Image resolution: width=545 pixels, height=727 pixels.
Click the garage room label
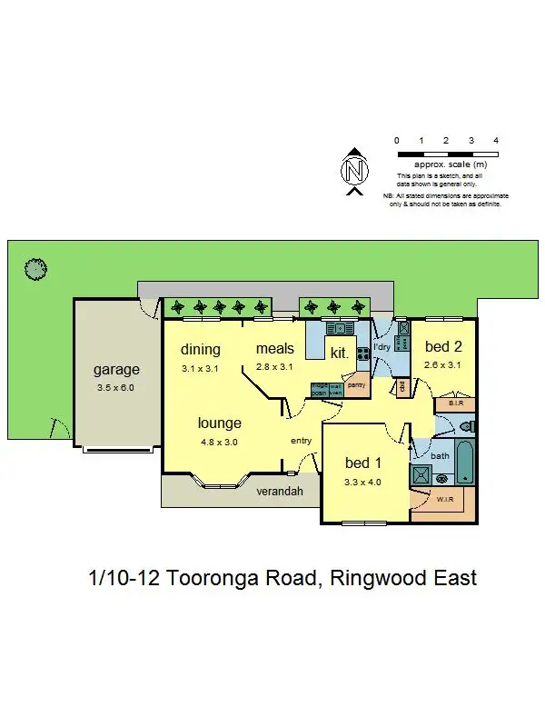pos(116,370)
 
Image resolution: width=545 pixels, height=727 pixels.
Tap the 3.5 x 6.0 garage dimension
pos(116,387)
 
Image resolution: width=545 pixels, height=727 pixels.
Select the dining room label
pos(201,350)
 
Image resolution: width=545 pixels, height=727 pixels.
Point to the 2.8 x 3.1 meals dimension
pos(275,367)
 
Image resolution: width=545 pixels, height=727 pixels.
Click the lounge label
pos(220,423)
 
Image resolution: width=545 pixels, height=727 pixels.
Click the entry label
pos(301,441)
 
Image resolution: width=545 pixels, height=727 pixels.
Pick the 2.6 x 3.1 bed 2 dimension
pos(444,365)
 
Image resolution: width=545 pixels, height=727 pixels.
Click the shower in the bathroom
pos(422,474)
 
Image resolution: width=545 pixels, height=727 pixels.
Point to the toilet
pos(466,426)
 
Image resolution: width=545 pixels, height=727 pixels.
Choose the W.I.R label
pos(443,498)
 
